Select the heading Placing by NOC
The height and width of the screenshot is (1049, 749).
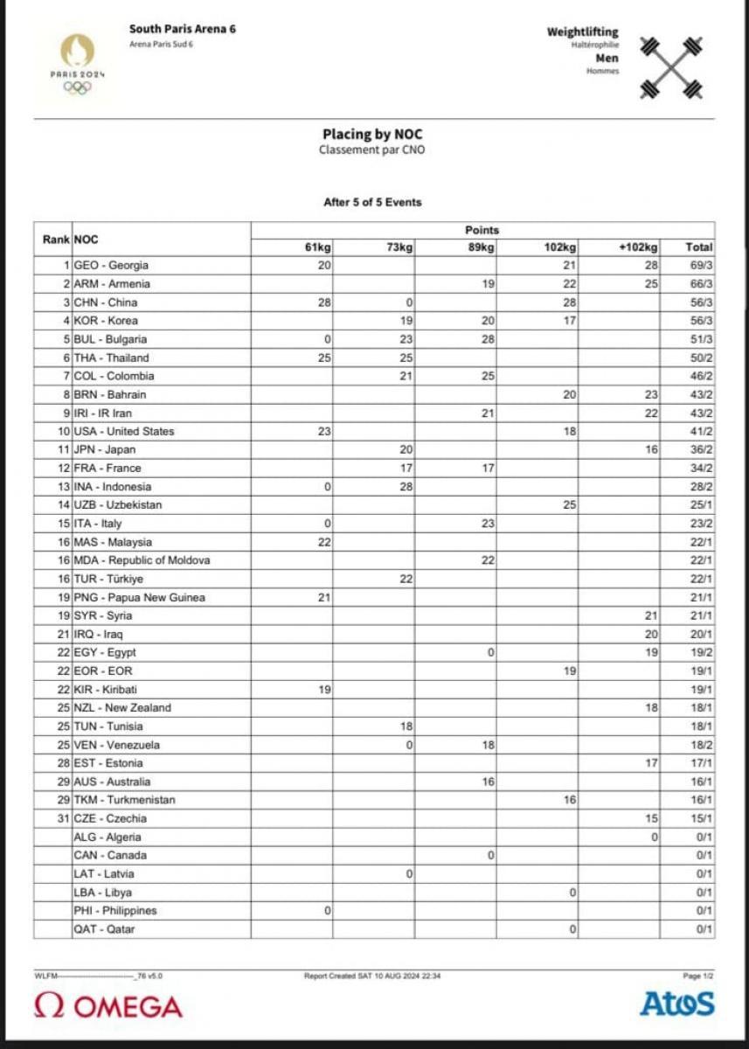coord(373,135)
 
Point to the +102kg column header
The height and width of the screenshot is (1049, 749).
coord(640,247)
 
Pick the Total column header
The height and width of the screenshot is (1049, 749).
coord(699,247)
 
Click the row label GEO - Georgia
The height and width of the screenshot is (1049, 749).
coord(112,266)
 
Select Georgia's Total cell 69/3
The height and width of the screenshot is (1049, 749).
coord(699,266)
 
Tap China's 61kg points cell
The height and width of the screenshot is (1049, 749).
coord(322,302)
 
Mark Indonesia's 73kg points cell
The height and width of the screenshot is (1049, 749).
coord(402,487)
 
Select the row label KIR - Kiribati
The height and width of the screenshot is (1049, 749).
coord(107,690)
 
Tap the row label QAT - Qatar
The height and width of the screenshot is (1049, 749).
coord(104,929)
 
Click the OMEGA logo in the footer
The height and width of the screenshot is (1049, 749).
coord(108,1006)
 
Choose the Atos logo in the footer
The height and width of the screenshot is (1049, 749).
coord(676,1004)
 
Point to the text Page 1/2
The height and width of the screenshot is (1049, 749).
coord(698,976)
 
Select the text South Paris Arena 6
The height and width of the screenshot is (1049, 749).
coord(183,29)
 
